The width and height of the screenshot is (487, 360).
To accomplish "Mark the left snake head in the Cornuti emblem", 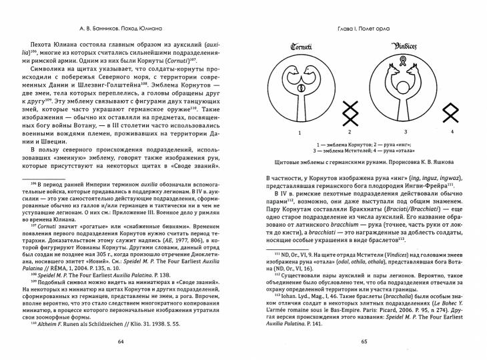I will tap(292, 72).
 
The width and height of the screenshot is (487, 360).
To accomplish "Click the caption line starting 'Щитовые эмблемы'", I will tap(364, 161).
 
